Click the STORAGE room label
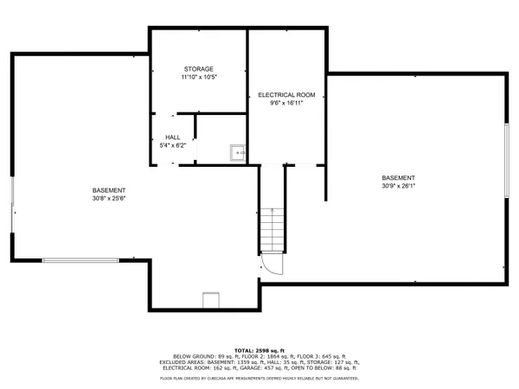[x=198, y=69]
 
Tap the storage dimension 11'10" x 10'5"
[x=198, y=78]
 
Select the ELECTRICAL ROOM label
[x=286, y=94]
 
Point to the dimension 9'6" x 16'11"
[x=286, y=103]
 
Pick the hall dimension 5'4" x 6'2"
[x=173, y=145]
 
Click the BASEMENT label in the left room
[x=109, y=190]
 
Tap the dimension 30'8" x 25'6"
[x=109, y=198]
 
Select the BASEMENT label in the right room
[x=399, y=178]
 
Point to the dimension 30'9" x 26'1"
[x=399, y=186]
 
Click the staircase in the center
[x=272, y=228]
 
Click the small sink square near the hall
[x=237, y=153]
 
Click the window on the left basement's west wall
[x=12, y=206]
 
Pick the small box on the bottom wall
[x=211, y=301]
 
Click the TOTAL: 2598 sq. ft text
[x=259, y=349]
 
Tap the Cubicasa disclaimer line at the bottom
[x=259, y=378]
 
